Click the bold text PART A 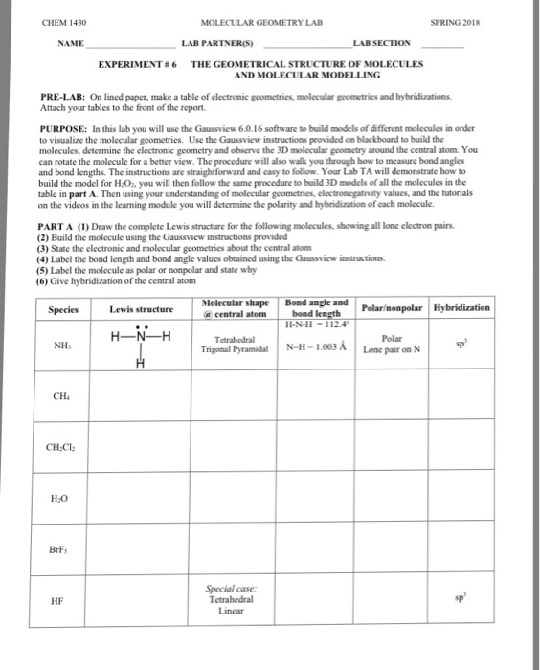pyautogui.click(x=58, y=215)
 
